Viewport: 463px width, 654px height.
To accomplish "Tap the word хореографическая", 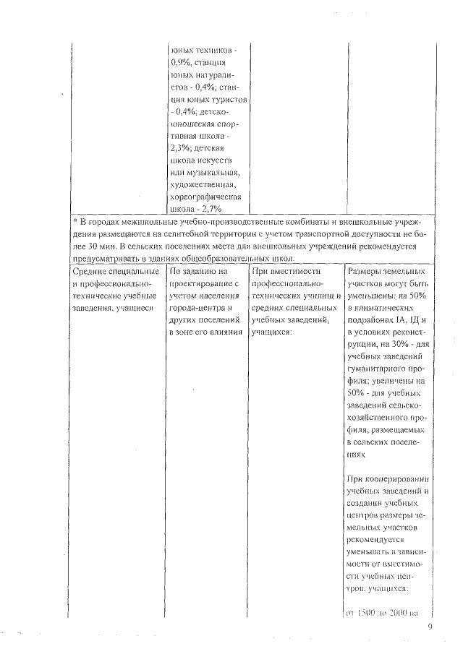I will pos(205,196).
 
